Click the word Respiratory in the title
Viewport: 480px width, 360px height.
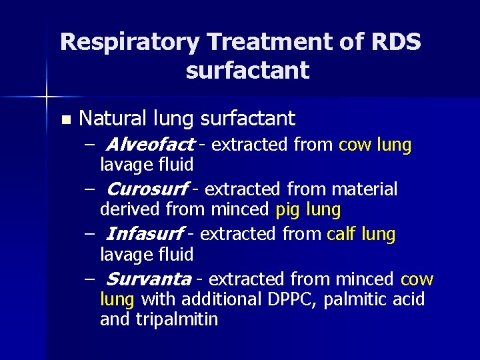129,43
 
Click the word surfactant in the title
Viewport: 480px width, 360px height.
248,70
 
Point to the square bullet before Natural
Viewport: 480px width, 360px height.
65,120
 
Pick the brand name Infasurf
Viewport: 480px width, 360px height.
145,235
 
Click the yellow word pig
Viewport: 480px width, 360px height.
288,211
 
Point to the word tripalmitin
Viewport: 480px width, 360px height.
177,319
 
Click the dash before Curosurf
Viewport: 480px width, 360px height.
90,189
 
